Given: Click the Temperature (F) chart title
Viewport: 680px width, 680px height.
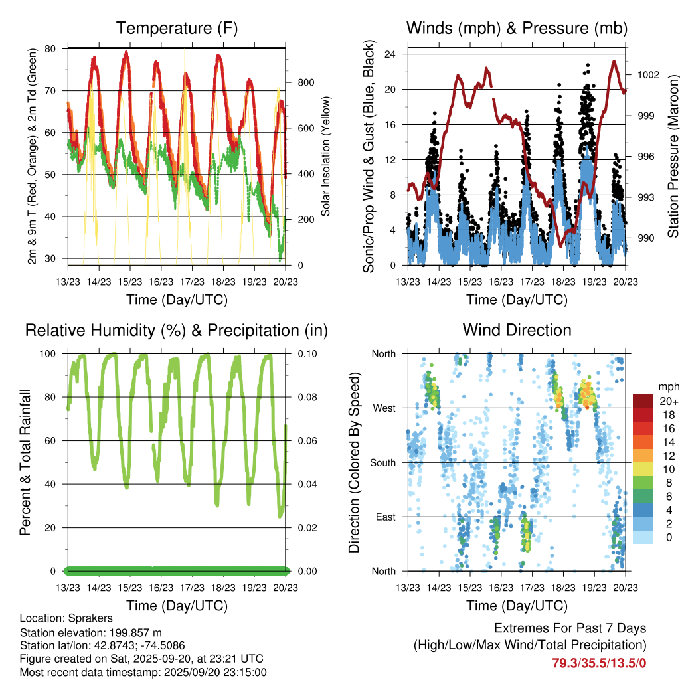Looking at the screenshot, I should coord(176,28).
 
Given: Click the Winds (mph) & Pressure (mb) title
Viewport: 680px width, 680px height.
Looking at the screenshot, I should coord(517,28).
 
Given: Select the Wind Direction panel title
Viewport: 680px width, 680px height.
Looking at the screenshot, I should coord(517,330).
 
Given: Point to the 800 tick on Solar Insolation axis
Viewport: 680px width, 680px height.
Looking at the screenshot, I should coord(305,82).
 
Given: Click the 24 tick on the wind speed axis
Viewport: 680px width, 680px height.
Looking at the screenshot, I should coord(391,54).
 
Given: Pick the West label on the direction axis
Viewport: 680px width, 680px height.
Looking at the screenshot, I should coord(383,408).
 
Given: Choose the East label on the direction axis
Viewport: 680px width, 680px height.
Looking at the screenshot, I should coord(384,517).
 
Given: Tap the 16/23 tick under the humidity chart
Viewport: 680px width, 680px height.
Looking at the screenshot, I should coord(161,587).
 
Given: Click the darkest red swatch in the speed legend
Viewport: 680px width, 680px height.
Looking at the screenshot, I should coord(643,401).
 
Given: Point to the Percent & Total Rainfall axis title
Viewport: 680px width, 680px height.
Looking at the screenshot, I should coord(25,462).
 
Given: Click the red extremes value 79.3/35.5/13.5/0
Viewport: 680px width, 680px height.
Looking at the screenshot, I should coord(599,662).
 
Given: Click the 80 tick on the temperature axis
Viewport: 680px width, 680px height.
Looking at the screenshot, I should coord(51,49).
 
